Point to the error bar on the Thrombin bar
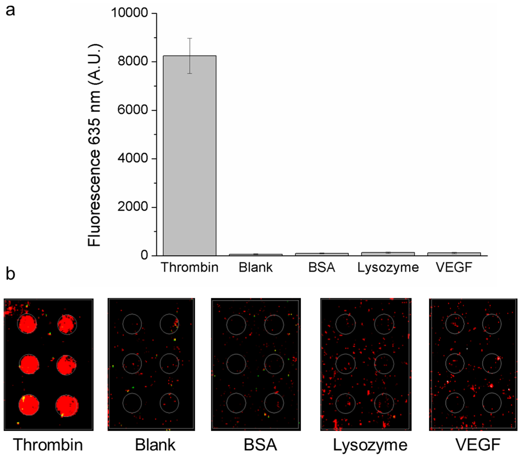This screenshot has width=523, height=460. click(x=189, y=56)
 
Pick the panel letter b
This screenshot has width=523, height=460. click(x=10, y=275)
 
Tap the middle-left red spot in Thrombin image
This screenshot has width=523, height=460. click(x=29, y=364)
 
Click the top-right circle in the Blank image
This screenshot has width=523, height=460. click(x=169, y=323)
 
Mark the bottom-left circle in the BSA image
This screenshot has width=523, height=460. click(x=236, y=403)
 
